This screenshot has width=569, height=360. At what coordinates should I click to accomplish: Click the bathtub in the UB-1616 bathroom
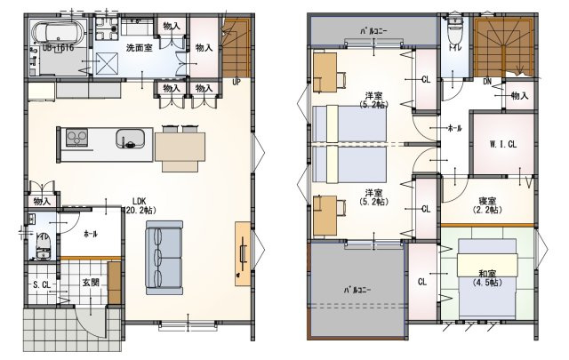pos(56,35)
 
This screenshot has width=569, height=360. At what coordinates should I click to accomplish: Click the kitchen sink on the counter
pos(129,139)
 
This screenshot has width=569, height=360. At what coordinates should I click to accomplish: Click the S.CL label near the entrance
pos(43,284)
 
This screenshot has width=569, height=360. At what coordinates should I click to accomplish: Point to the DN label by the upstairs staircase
pos(487,81)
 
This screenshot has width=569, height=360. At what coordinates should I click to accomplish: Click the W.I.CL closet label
pos(502,144)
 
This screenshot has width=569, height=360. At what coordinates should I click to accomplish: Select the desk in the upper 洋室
pos(326,72)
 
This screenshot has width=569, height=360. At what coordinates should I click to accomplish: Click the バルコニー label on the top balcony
pos(372,30)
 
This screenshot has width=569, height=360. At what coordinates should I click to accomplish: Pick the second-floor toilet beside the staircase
pos(455,30)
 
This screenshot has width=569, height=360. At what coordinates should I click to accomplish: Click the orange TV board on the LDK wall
pos(243,254)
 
